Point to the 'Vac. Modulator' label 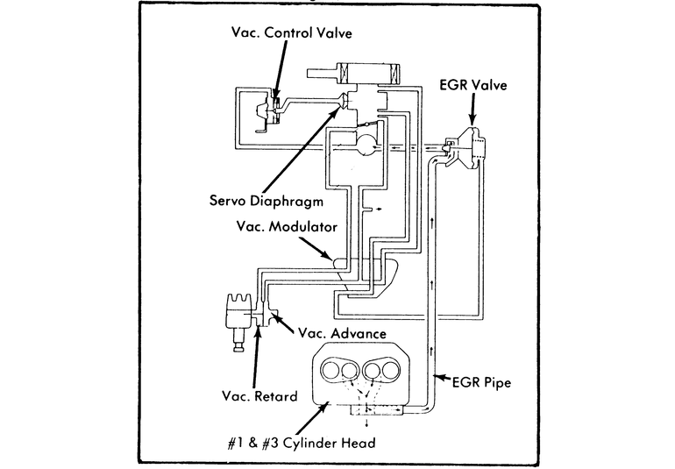pyautogui.click(x=287, y=226)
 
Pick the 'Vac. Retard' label pyautogui.click(x=259, y=395)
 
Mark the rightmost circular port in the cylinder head pyautogui.click(x=394, y=367)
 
